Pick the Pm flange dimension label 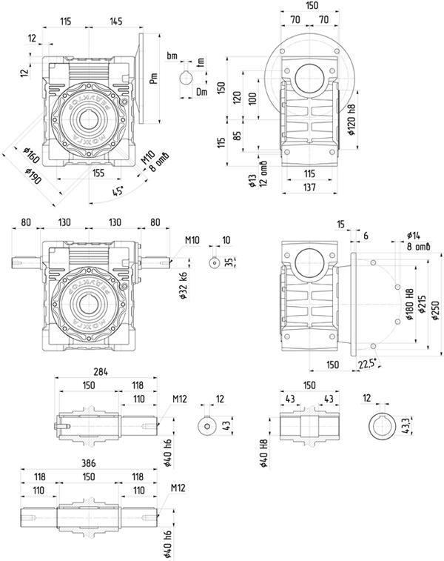click(153, 77)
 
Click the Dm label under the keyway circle click(201, 91)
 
